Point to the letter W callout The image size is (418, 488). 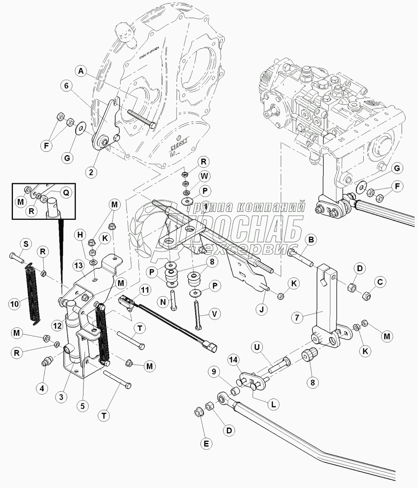pyautogui.click(x=204, y=176)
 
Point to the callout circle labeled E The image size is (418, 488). pyautogui.click(x=205, y=443)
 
